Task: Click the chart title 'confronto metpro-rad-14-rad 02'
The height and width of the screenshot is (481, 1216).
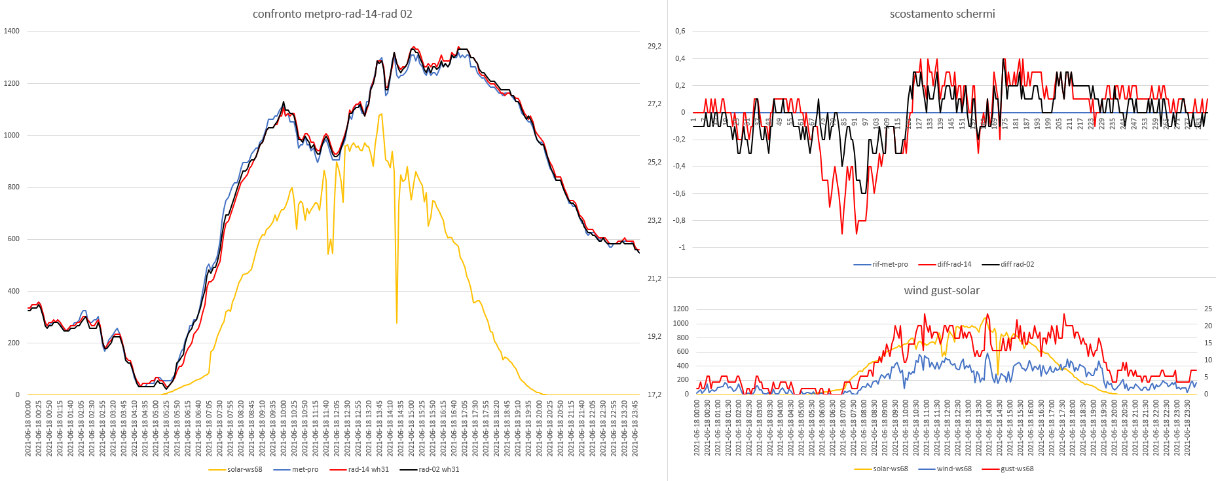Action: (332, 14)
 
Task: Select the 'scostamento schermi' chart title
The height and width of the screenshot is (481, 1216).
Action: (942, 14)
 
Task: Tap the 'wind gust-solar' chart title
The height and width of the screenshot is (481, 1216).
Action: (942, 290)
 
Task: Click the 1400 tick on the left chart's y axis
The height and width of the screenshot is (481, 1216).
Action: (12, 31)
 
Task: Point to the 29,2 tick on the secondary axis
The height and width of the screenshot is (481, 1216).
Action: (654, 46)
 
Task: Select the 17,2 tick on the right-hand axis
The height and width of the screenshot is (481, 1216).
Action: (654, 394)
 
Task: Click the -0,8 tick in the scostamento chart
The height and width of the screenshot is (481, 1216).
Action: (680, 220)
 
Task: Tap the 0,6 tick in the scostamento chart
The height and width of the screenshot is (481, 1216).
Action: (680, 31)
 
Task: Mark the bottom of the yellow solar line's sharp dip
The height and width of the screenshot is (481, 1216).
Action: (397, 322)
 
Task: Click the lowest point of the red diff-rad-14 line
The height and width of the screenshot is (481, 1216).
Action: (842, 234)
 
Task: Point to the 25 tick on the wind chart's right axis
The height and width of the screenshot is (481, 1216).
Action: (1208, 309)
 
